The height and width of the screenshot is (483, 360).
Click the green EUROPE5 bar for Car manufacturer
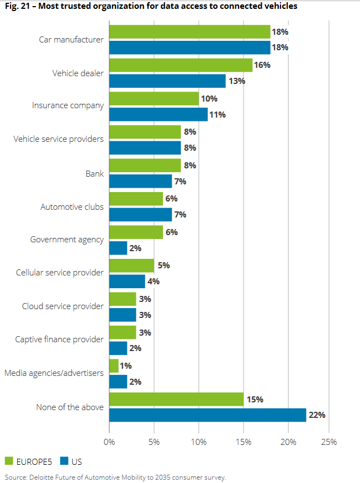click(x=189, y=31)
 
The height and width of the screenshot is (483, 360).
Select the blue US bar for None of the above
click(x=208, y=415)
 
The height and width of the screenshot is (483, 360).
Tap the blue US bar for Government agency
click(x=118, y=248)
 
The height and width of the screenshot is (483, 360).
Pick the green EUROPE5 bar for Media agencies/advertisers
click(x=114, y=366)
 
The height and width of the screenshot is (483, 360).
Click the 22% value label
click(x=316, y=415)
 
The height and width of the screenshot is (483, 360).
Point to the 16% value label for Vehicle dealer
click(x=262, y=65)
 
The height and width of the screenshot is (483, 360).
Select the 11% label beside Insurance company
click(x=218, y=115)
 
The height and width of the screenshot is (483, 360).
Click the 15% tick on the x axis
click(x=243, y=442)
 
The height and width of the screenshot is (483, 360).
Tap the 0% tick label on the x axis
click(x=109, y=442)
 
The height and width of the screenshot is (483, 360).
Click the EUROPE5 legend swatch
click(x=9, y=461)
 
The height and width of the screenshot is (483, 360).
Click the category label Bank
click(x=94, y=173)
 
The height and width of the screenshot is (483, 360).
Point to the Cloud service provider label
click(x=63, y=306)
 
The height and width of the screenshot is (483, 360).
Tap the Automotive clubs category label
click(x=72, y=207)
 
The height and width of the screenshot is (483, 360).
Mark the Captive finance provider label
click(x=59, y=339)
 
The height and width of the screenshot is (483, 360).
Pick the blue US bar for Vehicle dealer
click(x=167, y=81)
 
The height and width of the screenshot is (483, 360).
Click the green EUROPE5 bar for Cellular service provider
click(x=131, y=266)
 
